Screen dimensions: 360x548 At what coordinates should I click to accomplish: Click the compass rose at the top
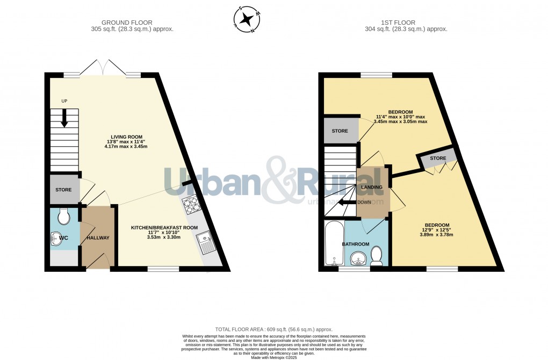247,19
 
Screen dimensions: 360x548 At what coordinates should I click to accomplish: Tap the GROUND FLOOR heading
132,22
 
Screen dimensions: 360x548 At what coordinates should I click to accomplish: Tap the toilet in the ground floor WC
63,217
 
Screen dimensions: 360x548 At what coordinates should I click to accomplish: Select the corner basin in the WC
56,239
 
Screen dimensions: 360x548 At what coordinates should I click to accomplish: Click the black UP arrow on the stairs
64,117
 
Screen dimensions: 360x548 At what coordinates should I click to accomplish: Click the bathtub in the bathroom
334,243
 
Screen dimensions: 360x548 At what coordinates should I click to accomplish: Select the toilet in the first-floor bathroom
377,256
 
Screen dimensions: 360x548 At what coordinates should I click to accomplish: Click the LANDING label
372,187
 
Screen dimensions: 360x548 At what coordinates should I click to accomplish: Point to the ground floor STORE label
63,190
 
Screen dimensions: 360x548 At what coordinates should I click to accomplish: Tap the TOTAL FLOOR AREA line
273,329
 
